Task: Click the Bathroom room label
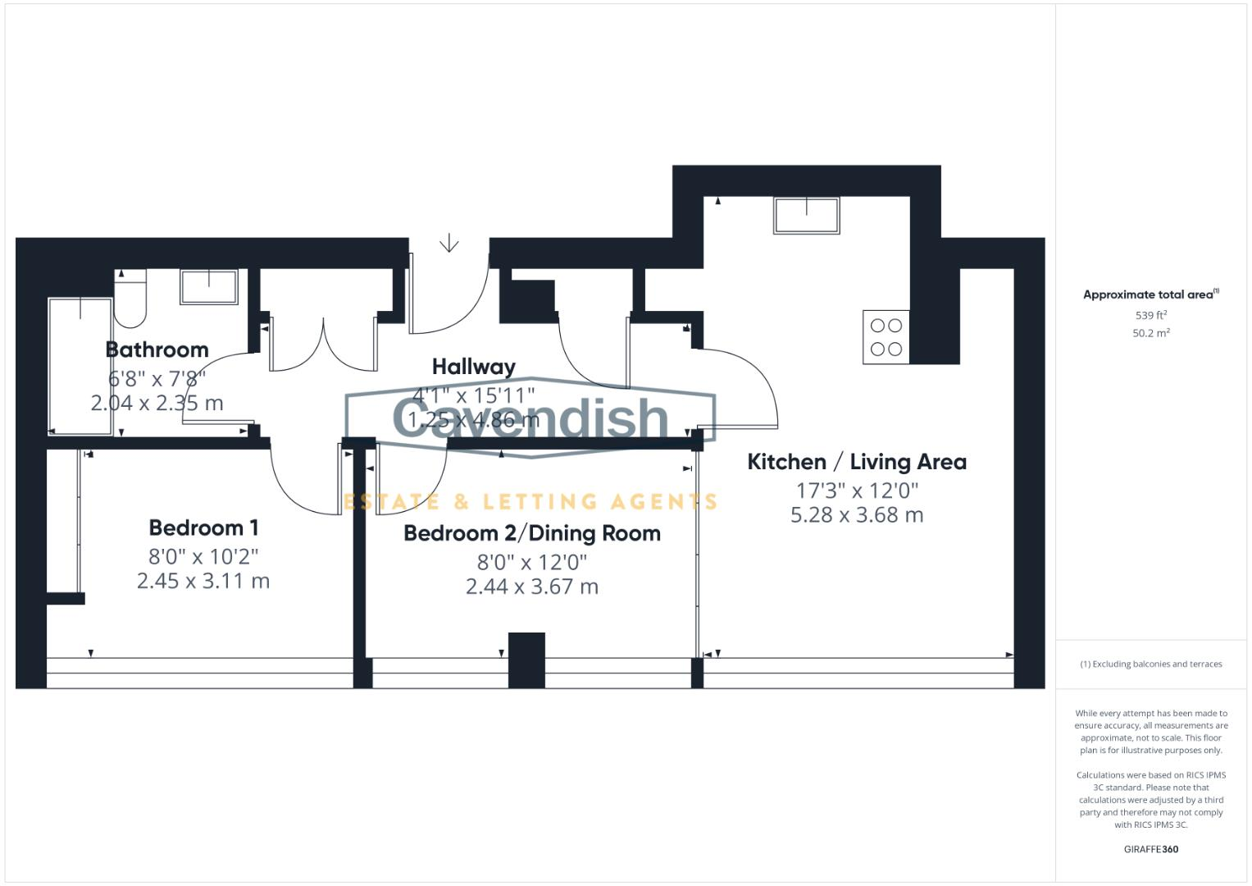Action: click(157, 349)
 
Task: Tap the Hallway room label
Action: click(473, 367)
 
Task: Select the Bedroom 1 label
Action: click(203, 527)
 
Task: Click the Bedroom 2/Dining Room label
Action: click(531, 533)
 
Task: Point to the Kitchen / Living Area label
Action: click(856, 462)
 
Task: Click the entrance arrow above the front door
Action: click(448, 244)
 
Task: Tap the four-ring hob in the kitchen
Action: click(886, 337)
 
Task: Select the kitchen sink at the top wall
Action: click(806, 215)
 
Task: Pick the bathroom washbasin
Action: click(209, 286)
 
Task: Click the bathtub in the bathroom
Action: click(80, 366)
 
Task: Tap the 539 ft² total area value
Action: click(1150, 315)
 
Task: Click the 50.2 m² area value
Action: click(1150, 333)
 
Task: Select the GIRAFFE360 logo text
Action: click(1150, 849)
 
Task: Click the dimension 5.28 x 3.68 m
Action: click(856, 515)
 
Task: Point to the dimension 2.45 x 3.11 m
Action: click(203, 581)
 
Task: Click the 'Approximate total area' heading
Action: click(1150, 295)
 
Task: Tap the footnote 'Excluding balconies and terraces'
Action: click(1150, 664)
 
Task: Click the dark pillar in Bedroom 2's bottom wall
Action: click(526, 660)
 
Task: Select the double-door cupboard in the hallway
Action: click(324, 345)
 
